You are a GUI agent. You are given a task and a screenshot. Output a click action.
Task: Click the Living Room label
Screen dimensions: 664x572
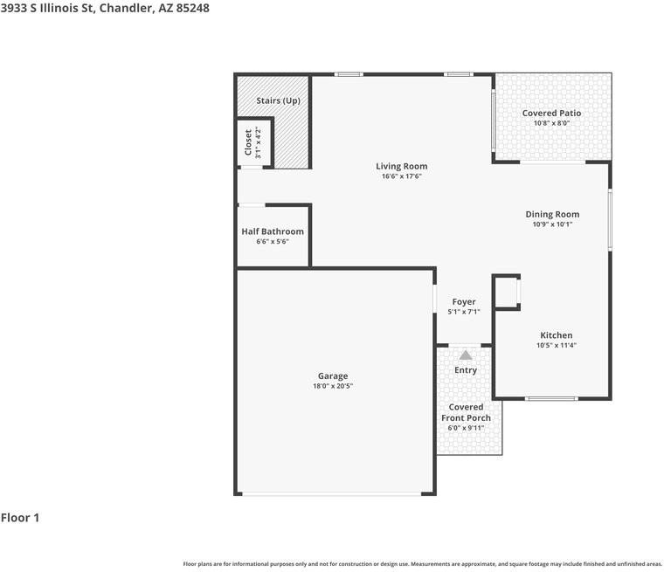click(x=401, y=167)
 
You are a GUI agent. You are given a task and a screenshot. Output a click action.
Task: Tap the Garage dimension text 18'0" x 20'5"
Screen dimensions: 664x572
click(x=333, y=386)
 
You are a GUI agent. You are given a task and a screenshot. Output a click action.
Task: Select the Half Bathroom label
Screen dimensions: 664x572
click(x=273, y=231)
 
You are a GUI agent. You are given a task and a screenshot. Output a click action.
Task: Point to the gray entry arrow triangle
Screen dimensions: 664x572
click(x=466, y=355)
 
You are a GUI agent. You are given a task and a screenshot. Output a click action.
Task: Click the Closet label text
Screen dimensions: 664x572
click(x=248, y=141)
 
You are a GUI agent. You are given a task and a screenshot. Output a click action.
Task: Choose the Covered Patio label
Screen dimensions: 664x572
click(x=551, y=113)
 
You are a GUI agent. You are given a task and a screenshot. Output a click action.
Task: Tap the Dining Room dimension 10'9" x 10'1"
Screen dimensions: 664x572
click(x=552, y=224)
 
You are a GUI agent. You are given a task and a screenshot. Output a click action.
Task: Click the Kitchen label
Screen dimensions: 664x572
click(x=556, y=335)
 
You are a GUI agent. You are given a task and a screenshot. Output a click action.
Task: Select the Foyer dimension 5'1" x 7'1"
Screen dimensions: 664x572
click(x=464, y=312)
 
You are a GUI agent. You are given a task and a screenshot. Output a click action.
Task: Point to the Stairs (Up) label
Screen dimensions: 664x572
click(x=278, y=100)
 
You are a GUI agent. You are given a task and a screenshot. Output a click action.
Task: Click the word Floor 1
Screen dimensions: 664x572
click(x=20, y=518)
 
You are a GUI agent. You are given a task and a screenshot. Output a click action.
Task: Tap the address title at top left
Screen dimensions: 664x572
click(x=105, y=8)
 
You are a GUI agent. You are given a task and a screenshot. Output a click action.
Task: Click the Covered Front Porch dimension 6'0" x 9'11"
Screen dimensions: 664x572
click(x=466, y=428)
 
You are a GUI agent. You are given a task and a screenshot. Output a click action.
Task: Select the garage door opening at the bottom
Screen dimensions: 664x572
click(x=332, y=493)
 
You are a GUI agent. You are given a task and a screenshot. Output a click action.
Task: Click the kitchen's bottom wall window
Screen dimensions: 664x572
click(x=551, y=398)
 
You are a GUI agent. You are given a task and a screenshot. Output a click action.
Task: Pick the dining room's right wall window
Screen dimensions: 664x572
click(x=610, y=220)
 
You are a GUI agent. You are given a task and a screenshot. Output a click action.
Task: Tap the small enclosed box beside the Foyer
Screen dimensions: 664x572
click(x=507, y=293)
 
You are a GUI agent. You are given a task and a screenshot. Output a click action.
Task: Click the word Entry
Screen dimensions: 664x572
click(x=466, y=370)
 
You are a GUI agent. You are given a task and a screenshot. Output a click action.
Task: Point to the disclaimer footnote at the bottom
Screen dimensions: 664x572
click(x=422, y=564)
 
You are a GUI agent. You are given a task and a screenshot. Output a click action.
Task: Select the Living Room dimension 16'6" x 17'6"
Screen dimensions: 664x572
click(x=401, y=176)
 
